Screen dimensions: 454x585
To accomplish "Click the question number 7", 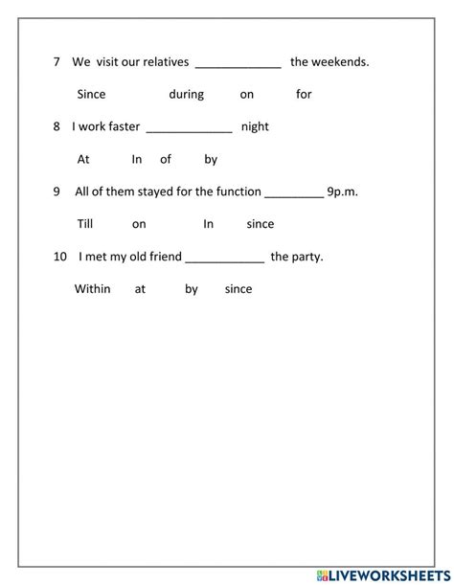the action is pyautogui.click(x=57, y=62).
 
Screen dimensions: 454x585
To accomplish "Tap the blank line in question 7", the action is pyautogui.click(x=238, y=66).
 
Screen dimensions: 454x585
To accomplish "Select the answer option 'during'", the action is pyautogui.click(x=187, y=95).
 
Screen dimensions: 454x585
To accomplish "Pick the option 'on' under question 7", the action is pyautogui.click(x=247, y=95).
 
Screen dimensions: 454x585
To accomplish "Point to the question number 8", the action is pyautogui.click(x=57, y=126).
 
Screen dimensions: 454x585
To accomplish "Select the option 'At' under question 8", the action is pyautogui.click(x=83, y=160).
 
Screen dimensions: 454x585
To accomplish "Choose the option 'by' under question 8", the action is pyautogui.click(x=211, y=160).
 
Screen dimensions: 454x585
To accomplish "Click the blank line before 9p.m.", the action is pyautogui.click(x=293, y=195).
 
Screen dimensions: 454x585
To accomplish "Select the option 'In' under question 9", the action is pyautogui.click(x=208, y=224).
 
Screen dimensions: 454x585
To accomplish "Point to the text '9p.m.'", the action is pyautogui.click(x=342, y=191).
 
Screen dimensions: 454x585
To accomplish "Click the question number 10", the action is pyautogui.click(x=60, y=257).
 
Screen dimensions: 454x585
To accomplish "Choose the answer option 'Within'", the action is pyautogui.click(x=93, y=288).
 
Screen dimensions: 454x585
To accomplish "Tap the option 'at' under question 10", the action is pyautogui.click(x=140, y=288).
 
